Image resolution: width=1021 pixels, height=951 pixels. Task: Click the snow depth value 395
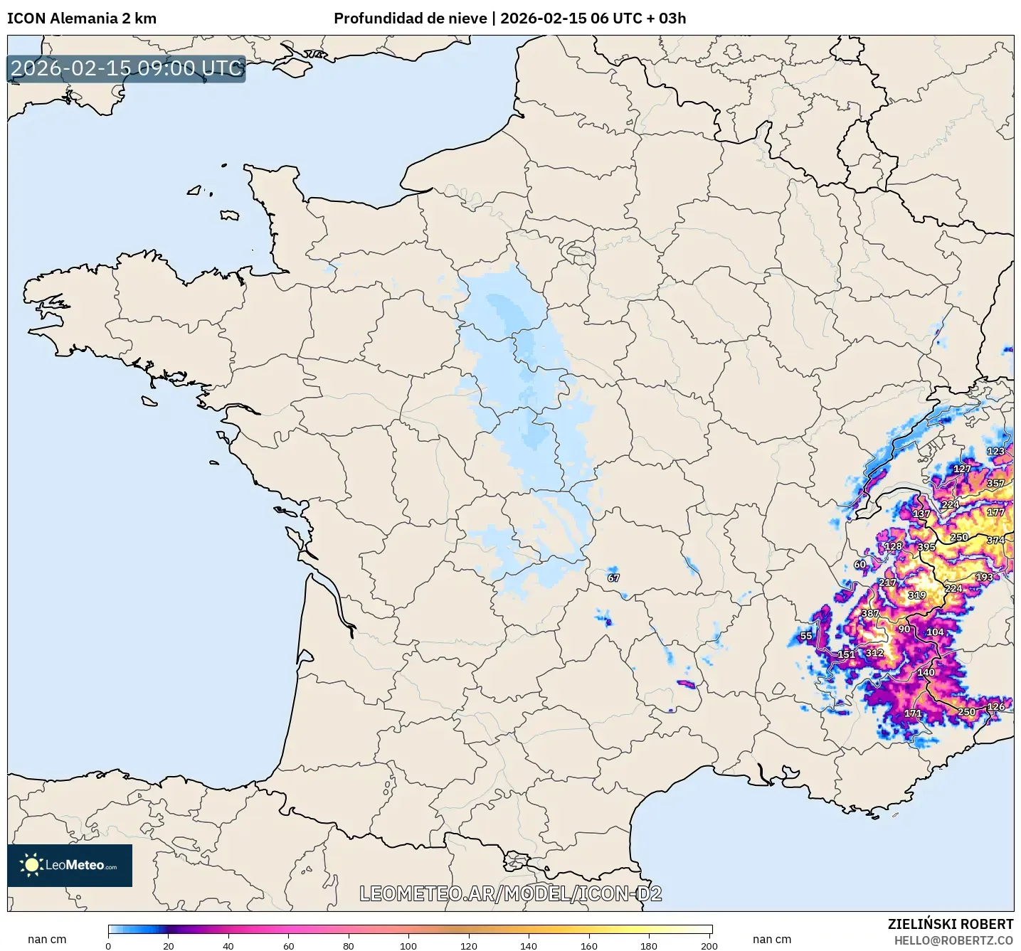(x=926, y=547)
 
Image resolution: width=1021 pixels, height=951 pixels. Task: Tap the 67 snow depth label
(x=613, y=578)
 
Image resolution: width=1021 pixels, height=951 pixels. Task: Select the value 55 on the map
(x=805, y=636)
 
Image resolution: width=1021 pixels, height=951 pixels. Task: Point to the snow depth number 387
(x=870, y=613)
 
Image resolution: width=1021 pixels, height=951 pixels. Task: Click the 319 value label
(x=917, y=595)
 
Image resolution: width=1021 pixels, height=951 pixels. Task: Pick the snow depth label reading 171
(x=913, y=713)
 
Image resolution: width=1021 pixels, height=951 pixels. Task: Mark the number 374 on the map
(x=995, y=540)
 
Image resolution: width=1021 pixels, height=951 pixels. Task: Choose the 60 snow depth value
(x=859, y=564)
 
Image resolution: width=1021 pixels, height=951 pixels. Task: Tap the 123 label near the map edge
(x=995, y=451)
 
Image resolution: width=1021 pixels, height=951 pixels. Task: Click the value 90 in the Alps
(x=904, y=629)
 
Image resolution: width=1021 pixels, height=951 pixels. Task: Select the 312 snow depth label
(x=874, y=652)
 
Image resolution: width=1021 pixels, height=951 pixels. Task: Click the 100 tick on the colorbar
(x=408, y=945)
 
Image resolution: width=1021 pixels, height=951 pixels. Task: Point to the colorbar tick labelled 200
(x=709, y=945)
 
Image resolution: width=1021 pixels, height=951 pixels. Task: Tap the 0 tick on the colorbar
(x=108, y=945)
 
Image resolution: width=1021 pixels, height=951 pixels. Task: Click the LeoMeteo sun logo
(x=31, y=865)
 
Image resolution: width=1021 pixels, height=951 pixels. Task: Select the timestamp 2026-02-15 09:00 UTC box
(x=127, y=68)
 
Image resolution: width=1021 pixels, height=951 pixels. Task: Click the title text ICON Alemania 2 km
(x=82, y=18)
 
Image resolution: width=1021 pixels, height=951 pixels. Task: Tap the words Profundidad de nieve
(x=411, y=18)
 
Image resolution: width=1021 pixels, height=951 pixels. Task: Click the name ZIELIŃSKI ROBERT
(x=950, y=924)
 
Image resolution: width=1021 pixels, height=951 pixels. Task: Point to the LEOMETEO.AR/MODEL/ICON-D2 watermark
(x=510, y=893)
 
